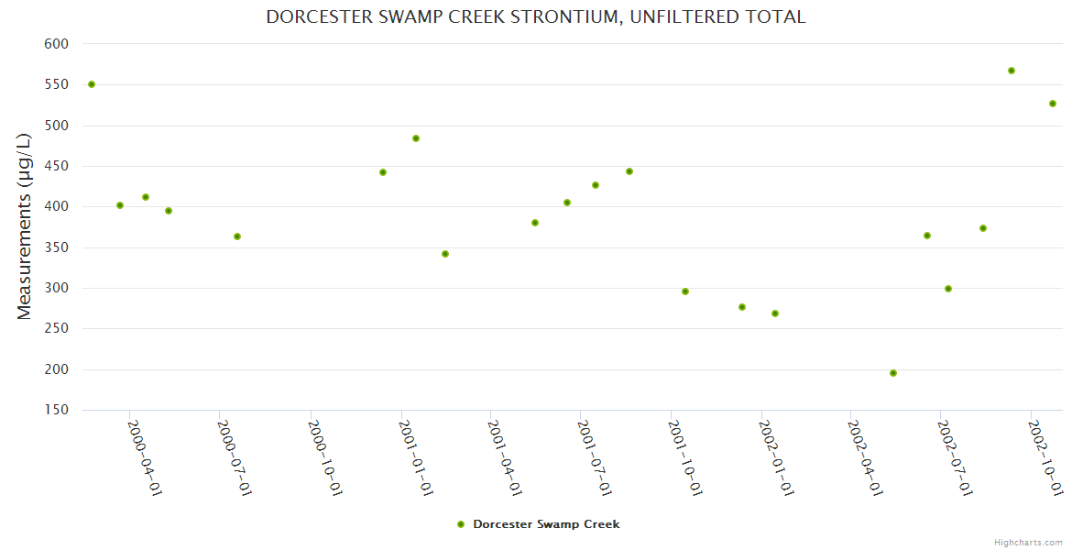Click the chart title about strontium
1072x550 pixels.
tap(536, 16)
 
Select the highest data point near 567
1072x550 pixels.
tap(1012, 71)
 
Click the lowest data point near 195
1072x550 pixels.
tap(893, 373)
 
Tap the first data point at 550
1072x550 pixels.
tap(92, 84)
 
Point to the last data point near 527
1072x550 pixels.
tap(1053, 104)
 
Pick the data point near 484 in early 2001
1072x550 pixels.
tap(416, 138)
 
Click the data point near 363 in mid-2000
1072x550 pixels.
tap(237, 236)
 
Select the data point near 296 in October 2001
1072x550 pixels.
tap(685, 291)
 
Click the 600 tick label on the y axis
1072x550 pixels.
tap(57, 44)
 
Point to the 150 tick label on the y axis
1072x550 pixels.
tap(57, 410)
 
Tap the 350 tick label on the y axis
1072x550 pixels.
tap(57, 247)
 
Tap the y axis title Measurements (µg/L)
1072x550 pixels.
tap(25, 226)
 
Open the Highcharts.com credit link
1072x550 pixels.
tap(1029, 542)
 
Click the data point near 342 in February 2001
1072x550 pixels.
tap(445, 254)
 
